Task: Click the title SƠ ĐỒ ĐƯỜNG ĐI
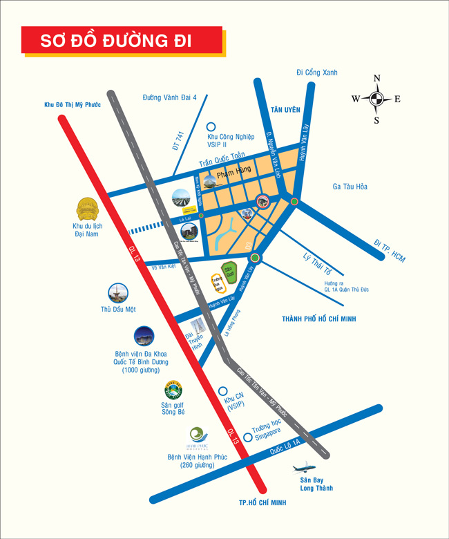click(116, 41)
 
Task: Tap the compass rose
click(376, 99)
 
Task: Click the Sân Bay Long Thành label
click(316, 484)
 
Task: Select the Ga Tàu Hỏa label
click(350, 187)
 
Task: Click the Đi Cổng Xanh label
click(317, 73)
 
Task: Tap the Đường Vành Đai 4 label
click(169, 97)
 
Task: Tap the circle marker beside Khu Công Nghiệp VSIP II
click(211, 126)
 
